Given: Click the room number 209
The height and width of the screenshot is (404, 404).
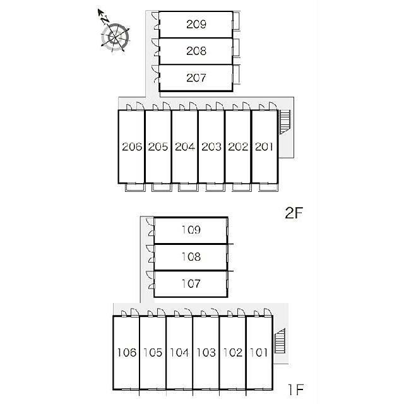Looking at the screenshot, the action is tap(196, 24).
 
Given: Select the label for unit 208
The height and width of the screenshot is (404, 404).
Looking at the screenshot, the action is tap(196, 51).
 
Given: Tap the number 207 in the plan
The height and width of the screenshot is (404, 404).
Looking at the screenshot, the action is tap(196, 78).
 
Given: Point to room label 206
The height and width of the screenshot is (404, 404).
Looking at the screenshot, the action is tap(132, 147).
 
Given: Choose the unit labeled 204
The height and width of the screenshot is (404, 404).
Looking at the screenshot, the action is tap(185, 147).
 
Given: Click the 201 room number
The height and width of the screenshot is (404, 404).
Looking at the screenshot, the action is tap(264, 147).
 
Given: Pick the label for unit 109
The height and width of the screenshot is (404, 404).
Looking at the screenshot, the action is tap(191, 230).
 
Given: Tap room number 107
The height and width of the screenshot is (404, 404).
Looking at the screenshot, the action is tap(191, 283).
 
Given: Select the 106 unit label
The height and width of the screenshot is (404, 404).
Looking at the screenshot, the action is tap(126, 352).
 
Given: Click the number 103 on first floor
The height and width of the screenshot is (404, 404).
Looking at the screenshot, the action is tap(206, 352).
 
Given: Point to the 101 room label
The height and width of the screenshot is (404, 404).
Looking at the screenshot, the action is tap(259, 352).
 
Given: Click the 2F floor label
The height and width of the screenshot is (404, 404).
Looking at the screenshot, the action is tap(294, 213).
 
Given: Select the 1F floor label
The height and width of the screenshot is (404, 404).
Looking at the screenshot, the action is tap(296, 389).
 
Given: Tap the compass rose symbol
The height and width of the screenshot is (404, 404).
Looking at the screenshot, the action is tap(116, 37).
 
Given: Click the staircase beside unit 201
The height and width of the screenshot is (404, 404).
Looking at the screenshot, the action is tap(285, 122).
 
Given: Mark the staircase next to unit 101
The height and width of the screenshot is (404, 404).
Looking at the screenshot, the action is tap(280, 341).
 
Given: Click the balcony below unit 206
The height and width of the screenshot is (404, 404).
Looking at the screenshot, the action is tap(135, 187).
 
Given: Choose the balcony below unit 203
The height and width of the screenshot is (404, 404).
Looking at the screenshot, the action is tap(215, 187).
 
